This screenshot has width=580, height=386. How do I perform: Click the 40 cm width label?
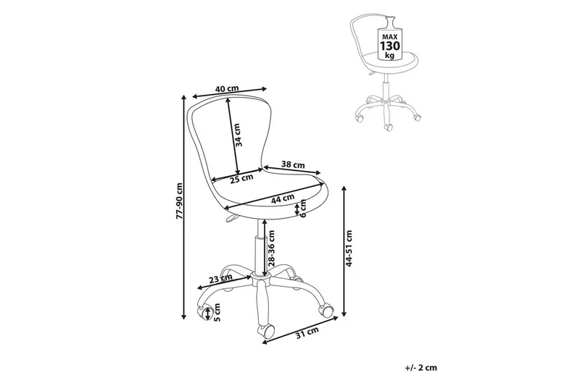[227, 88]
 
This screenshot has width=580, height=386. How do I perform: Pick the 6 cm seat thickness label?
[304, 209]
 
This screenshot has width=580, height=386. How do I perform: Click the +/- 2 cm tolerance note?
[422, 368]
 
